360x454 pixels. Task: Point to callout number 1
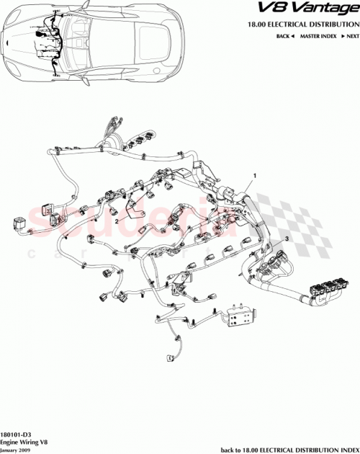point(254,175)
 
